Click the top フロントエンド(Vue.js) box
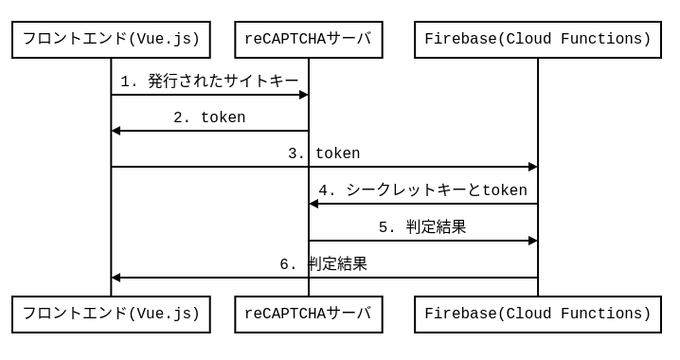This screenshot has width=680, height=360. [x=111, y=40]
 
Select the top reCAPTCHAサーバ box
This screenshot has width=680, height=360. [x=308, y=40]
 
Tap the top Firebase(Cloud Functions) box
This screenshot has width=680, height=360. [x=537, y=40]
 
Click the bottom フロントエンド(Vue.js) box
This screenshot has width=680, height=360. [x=111, y=315]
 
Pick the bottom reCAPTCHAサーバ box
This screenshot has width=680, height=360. [x=308, y=315]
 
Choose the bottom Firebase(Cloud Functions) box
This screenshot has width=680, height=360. [x=537, y=315]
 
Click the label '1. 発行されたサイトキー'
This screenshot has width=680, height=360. [x=209, y=81]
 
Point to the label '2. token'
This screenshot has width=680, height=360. [x=209, y=117]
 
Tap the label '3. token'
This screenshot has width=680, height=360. [x=324, y=153]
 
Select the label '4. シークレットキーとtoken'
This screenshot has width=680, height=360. [x=422, y=190]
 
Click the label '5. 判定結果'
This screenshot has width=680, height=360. [x=422, y=227]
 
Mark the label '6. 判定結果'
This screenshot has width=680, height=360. [x=324, y=264]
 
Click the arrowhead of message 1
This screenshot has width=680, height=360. [x=304, y=95]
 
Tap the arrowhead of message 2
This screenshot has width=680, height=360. [x=116, y=131]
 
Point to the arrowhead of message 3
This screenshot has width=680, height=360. [x=533, y=167]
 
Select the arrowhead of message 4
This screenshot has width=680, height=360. [x=313, y=204]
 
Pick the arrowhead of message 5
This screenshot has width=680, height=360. [x=533, y=241]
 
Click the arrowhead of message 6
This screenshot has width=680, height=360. [x=116, y=278]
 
